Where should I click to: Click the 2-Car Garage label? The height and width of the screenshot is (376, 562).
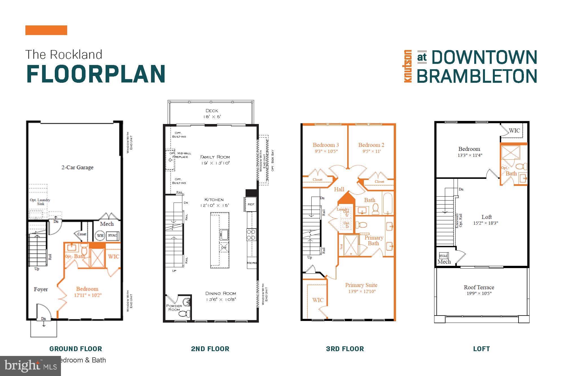tap(77, 167)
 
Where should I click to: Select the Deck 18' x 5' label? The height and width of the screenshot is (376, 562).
tap(212, 114)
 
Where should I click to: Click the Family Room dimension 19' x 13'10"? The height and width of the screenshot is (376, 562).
tap(215, 163)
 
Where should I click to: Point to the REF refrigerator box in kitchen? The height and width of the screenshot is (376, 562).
tap(251, 204)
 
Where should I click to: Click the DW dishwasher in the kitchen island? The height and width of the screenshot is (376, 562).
tap(224, 247)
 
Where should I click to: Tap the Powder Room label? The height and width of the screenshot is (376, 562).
tap(174, 308)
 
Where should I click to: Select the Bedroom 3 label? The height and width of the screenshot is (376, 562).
tap(326, 145)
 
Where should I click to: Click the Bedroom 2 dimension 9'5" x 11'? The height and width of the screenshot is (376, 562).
tap(371, 151)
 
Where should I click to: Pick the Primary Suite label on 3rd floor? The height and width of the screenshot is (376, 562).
tap(361, 285)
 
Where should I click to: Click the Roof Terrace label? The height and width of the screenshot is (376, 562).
tap(479, 287)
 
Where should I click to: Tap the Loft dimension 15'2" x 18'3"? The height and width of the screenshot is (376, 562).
tap(486, 223)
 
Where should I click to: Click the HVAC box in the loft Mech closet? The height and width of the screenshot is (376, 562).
tap(443, 256)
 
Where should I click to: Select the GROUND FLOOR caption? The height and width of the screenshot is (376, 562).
tap(76, 349)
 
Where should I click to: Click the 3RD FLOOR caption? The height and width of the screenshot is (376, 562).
tap(345, 349)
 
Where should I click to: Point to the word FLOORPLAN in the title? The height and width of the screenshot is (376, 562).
tap(96, 74)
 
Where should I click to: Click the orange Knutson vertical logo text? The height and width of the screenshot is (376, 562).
tap(407, 66)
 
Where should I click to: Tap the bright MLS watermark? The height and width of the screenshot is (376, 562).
tap(30, 366)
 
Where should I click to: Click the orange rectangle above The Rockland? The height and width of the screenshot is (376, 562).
tap(46, 30)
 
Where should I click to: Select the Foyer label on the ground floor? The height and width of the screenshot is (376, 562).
tap(41, 289)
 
